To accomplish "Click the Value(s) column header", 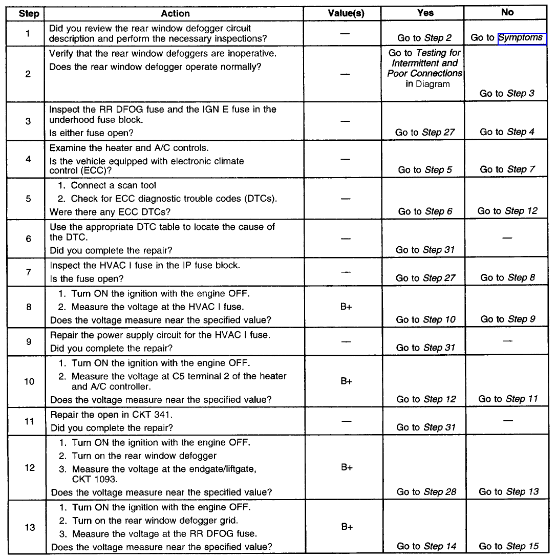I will click(x=346, y=14).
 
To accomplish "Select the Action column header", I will click(x=175, y=14).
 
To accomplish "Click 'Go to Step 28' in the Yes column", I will click(x=426, y=492).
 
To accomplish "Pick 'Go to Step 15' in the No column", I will click(x=508, y=546).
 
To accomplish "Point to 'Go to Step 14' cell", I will click(x=426, y=546).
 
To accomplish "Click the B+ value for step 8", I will click(x=346, y=307).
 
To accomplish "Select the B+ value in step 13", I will click(x=346, y=527).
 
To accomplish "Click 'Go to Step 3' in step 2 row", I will click(x=507, y=93).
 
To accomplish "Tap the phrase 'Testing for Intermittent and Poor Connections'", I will click(x=424, y=63).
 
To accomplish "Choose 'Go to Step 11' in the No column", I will click(x=508, y=399).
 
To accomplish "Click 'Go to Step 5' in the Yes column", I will click(x=425, y=169).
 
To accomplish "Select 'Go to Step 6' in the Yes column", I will click(x=425, y=211).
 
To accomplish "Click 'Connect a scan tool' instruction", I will click(x=114, y=185).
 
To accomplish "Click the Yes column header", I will click(x=425, y=13).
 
